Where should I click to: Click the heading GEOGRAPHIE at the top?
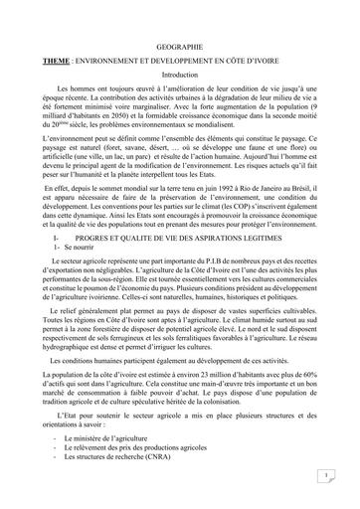(179, 48)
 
